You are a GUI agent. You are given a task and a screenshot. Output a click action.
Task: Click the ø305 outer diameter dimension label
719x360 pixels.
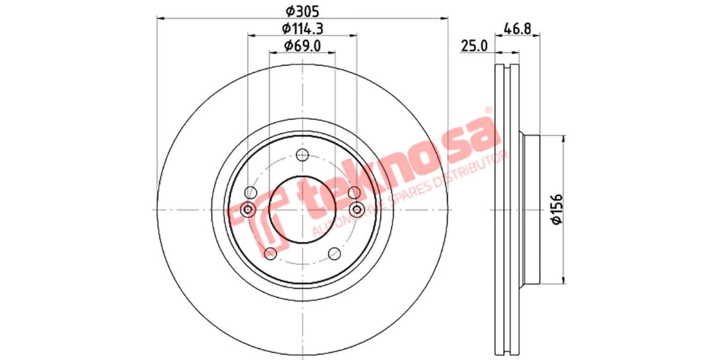[x=302, y=10]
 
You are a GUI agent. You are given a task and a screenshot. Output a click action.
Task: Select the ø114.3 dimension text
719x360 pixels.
[x=303, y=28]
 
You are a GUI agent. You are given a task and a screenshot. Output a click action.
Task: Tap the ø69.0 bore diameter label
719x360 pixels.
[x=303, y=44]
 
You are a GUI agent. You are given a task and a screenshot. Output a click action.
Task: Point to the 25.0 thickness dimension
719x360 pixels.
[x=473, y=46]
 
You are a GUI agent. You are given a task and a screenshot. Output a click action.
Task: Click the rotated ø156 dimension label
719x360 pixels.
[x=557, y=209]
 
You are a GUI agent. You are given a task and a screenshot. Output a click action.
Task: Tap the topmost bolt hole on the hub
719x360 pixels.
[x=303, y=153]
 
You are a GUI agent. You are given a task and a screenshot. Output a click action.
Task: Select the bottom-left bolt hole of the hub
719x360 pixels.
[x=270, y=253]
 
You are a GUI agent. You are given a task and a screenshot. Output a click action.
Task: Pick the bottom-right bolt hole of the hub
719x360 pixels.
[x=335, y=253]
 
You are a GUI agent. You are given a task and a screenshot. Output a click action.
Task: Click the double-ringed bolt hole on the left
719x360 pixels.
[x=249, y=209]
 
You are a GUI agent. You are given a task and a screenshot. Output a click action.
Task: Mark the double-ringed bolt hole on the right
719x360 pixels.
[x=357, y=209]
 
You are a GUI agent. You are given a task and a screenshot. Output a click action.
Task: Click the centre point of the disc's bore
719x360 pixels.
[x=303, y=209]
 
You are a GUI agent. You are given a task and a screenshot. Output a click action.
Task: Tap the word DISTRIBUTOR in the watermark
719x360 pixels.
[x=473, y=171]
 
